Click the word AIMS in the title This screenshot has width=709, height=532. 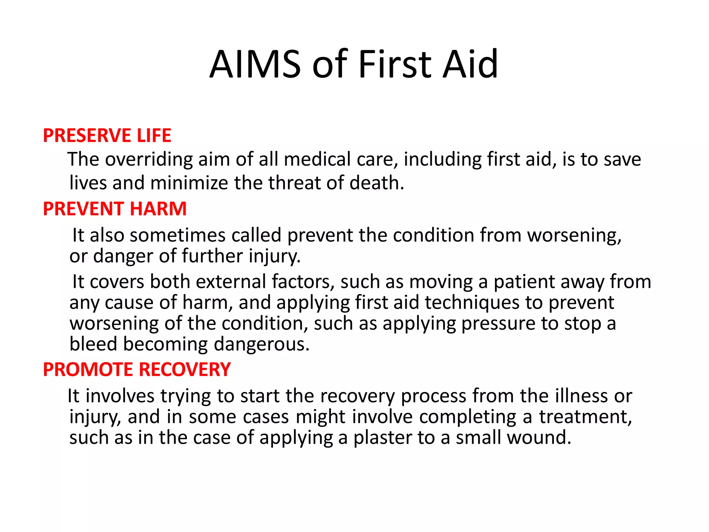click(x=255, y=64)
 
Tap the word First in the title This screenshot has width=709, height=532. click(x=395, y=64)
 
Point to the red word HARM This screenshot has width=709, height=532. click(x=158, y=209)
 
